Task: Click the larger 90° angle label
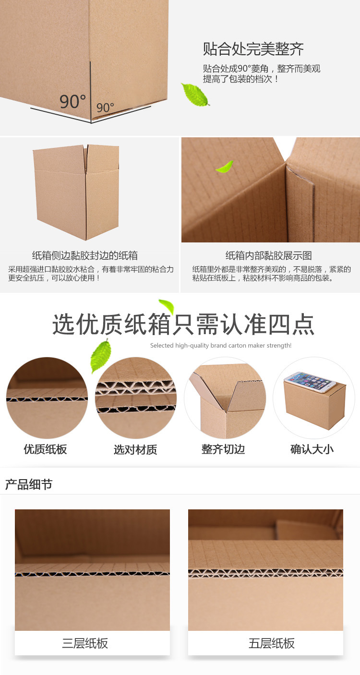click(x=72, y=101)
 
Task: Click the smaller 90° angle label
click(x=105, y=108)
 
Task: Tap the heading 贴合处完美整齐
click(x=253, y=49)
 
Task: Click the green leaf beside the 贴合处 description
click(x=195, y=95)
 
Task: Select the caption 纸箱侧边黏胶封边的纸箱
click(x=85, y=255)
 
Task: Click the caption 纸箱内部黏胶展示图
click(x=269, y=255)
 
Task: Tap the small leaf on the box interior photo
click(x=225, y=167)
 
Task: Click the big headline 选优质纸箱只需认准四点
click(x=183, y=325)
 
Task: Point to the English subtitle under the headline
click(x=221, y=345)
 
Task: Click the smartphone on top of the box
click(x=310, y=382)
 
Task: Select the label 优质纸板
click(x=45, y=449)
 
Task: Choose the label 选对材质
click(x=135, y=449)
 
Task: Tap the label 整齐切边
click(x=223, y=449)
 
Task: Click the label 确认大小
click(x=312, y=449)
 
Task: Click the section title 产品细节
click(x=29, y=484)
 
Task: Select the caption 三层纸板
click(x=85, y=643)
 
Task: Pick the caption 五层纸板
click(x=272, y=643)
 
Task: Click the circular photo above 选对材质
click(x=136, y=398)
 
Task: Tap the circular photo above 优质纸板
click(x=47, y=398)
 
